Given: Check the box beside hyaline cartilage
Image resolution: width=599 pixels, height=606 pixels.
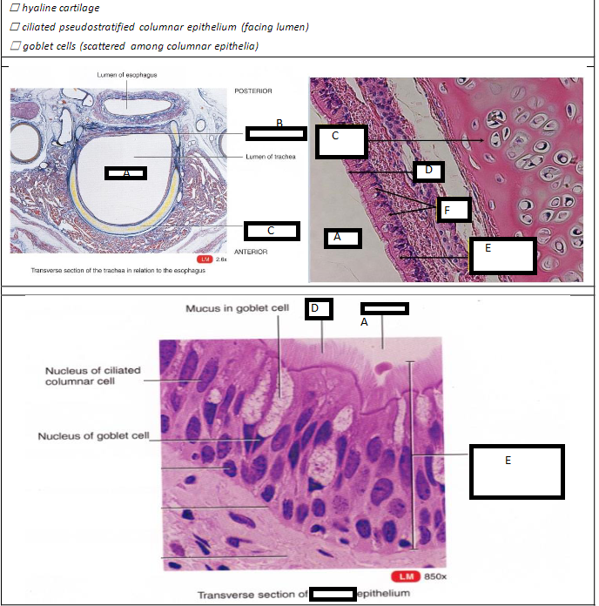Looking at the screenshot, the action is click(15, 9).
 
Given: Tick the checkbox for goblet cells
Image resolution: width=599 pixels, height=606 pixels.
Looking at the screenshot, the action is click(15, 46).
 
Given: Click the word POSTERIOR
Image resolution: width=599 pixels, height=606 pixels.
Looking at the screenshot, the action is click(253, 91).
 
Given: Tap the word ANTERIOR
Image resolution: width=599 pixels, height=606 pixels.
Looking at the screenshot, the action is click(252, 252).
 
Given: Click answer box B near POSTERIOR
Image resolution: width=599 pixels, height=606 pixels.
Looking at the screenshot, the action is click(276, 133).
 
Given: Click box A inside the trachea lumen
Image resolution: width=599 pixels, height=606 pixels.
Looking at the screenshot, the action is click(125, 173).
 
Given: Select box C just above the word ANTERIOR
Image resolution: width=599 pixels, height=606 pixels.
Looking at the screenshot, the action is click(272, 231).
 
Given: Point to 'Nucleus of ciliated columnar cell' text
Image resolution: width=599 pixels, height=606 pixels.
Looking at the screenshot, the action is click(92, 376).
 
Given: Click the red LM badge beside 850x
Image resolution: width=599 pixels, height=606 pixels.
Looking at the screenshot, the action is click(405, 576).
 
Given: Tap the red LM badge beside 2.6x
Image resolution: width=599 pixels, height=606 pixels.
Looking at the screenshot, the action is click(205, 259).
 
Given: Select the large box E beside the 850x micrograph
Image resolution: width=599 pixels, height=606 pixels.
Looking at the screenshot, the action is click(516, 471).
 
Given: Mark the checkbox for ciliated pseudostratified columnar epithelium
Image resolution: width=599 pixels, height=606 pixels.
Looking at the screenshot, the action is click(15, 27).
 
